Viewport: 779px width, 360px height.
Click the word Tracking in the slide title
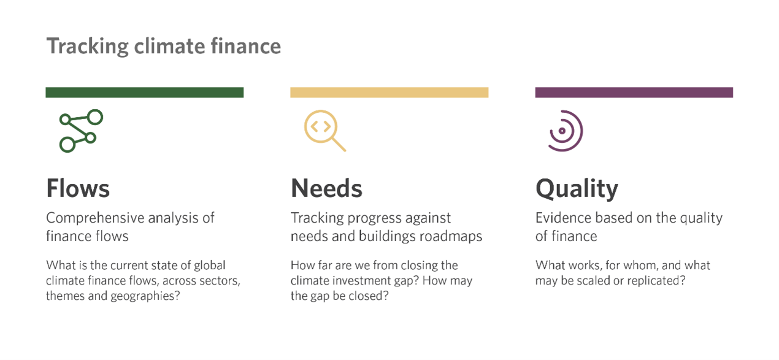(x=87, y=47)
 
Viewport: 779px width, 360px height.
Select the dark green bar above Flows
(x=145, y=93)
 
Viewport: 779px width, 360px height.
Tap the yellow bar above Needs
(x=389, y=93)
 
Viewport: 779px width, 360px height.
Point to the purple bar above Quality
(x=634, y=93)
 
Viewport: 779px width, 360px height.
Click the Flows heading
(x=78, y=188)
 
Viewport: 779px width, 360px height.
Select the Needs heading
(x=326, y=188)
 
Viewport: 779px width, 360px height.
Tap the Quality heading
(x=577, y=189)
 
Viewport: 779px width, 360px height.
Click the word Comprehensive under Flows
(x=95, y=218)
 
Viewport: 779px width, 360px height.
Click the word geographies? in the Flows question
(x=145, y=296)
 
